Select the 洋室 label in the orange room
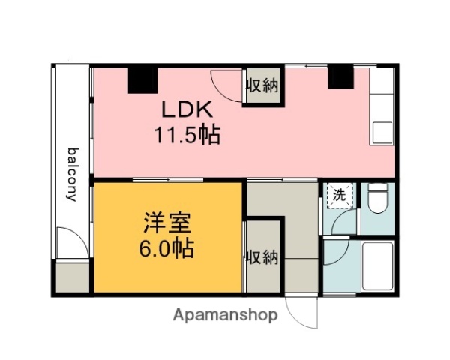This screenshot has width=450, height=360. [x=168, y=223]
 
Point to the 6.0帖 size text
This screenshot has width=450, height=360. [x=168, y=248]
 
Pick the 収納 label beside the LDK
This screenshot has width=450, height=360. [x=262, y=85]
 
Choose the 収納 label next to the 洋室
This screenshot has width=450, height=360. [x=262, y=257]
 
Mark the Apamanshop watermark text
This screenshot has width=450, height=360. [x=226, y=315]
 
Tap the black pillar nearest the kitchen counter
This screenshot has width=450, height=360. [x=340, y=76]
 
